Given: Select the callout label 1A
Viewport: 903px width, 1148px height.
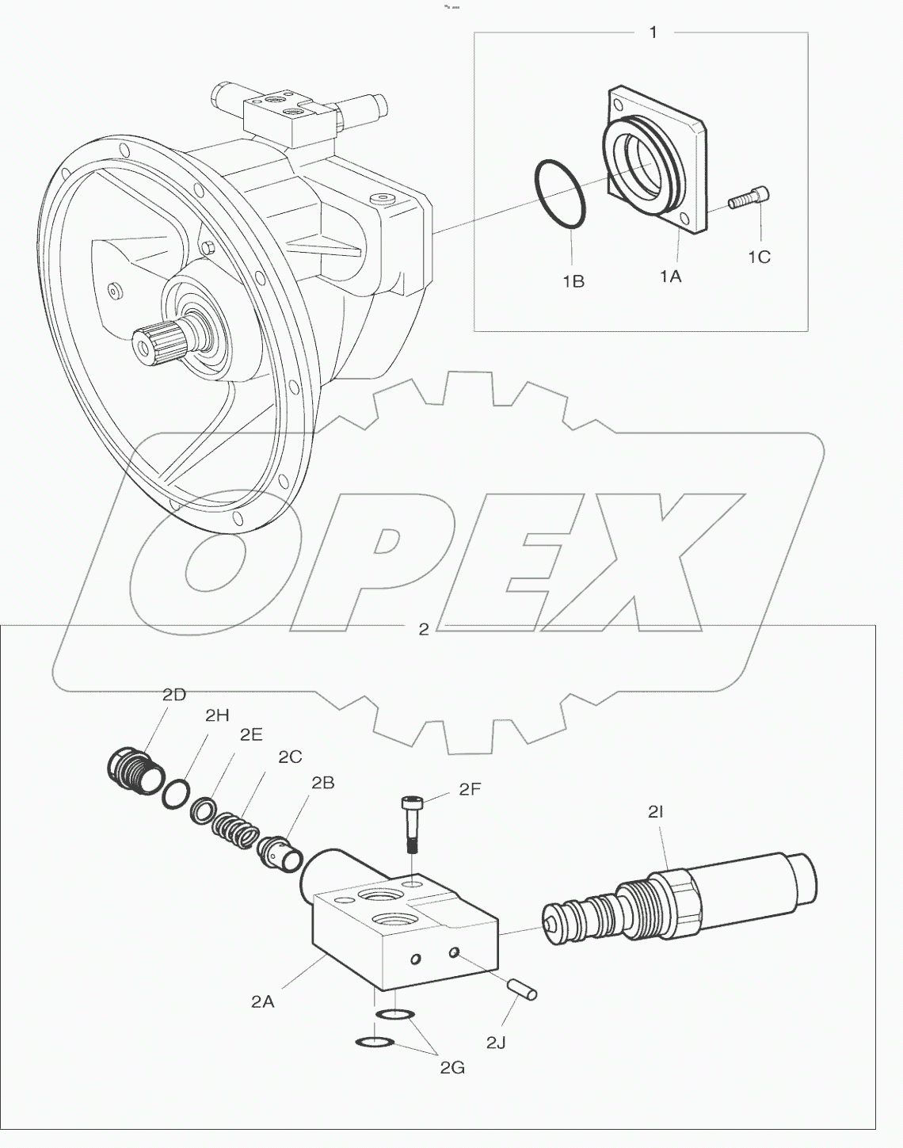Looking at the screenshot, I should click(670, 275).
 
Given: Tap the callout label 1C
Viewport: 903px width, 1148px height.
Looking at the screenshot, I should click(758, 257).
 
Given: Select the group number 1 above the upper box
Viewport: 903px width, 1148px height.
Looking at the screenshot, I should click(653, 32).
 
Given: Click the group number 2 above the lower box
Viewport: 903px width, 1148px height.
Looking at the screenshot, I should click(424, 629).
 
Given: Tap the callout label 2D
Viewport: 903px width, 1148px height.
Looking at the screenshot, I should click(173, 695).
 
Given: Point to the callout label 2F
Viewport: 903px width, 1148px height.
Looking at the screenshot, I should click(470, 789).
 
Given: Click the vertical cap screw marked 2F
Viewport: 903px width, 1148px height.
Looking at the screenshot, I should click(411, 824).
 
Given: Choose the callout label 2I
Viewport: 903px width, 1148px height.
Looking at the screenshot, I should click(655, 810).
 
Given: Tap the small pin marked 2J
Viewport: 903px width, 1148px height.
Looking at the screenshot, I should click(524, 989).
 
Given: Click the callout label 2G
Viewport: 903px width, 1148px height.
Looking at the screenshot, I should click(452, 1067).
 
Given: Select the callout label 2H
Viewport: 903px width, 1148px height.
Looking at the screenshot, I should click(216, 715).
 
